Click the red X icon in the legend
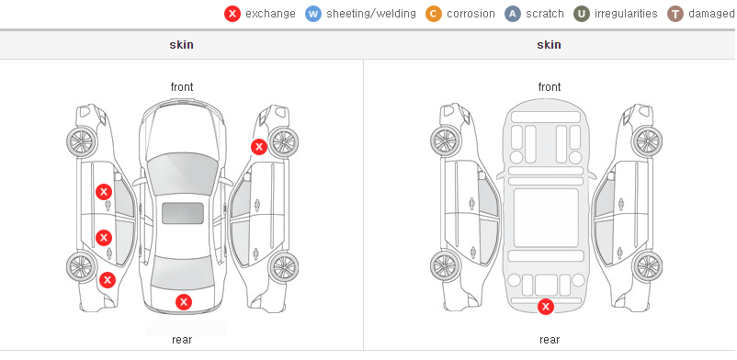[232, 14]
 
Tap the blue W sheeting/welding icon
[313, 14]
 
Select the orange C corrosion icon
[434, 14]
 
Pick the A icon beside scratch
[513, 14]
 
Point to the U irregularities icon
[582, 14]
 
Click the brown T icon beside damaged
[675, 14]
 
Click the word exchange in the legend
[270, 14]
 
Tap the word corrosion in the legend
[471, 14]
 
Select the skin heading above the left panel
[181, 45]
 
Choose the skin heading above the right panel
[549, 45]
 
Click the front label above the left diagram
[182, 87]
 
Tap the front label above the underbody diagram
[550, 87]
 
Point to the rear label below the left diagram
[182, 340]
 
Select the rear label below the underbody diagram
[550, 340]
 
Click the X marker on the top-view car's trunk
[184, 302]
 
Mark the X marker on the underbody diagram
[546, 307]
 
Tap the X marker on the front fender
[258, 147]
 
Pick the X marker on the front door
[104, 192]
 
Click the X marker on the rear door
[104, 238]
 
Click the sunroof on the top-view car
[183, 213]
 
